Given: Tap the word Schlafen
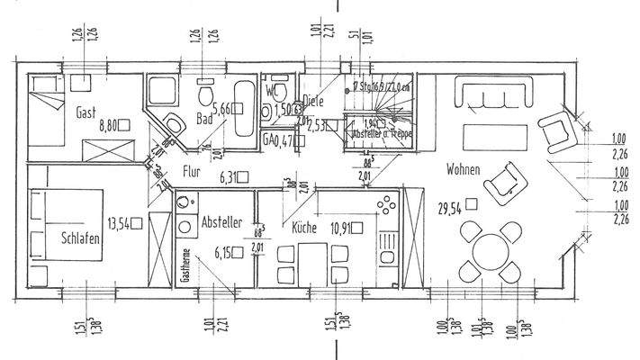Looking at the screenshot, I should [80, 240].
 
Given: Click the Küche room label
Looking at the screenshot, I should [303, 228].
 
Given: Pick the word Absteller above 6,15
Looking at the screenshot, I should [221, 221].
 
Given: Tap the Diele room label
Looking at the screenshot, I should [312, 102].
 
